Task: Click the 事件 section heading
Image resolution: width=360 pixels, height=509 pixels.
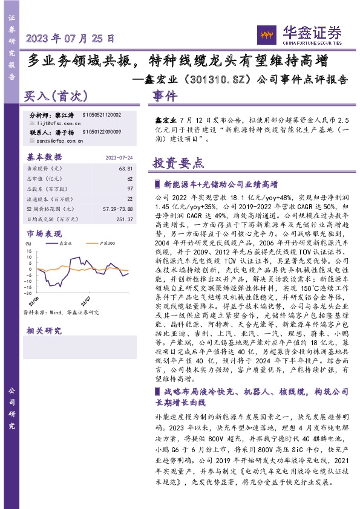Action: click(x=165, y=96)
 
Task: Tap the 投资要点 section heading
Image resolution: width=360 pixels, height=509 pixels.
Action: click(x=178, y=164)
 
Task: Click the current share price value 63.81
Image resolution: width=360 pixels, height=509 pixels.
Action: click(x=125, y=167)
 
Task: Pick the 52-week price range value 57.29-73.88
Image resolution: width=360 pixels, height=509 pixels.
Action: click(x=117, y=209)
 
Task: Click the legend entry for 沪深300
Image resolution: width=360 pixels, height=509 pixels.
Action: click(x=106, y=242)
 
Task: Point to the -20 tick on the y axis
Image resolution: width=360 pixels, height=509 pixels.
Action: click(x=29, y=274)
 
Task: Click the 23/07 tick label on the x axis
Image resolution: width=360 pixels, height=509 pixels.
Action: click(x=86, y=299)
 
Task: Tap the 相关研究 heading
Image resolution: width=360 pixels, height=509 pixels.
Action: click(x=44, y=331)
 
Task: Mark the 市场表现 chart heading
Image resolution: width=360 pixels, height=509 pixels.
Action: click(x=44, y=233)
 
